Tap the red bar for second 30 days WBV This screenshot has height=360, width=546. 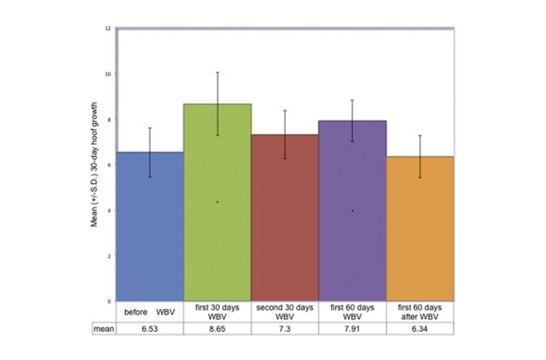pos(284,225)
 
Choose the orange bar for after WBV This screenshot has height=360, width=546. pos(419,235)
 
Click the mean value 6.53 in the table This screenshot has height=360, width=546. pos(149,328)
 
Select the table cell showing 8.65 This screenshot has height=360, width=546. pos(217,328)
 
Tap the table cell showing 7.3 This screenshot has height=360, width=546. pos(284,328)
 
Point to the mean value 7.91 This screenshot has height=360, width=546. pos(352,328)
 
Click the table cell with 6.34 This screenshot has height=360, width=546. pos(419,328)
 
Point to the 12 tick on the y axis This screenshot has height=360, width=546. pos(108,28)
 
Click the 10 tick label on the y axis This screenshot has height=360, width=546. pos(108,73)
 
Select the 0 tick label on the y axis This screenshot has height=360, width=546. pos(109,301)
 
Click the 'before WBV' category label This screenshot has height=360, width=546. pos(149,312)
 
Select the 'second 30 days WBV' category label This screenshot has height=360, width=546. pos(284,312)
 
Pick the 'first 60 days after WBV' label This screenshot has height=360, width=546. pos(419,312)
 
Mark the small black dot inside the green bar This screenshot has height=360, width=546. pos(217,202)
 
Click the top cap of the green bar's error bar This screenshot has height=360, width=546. pos(217,72)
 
